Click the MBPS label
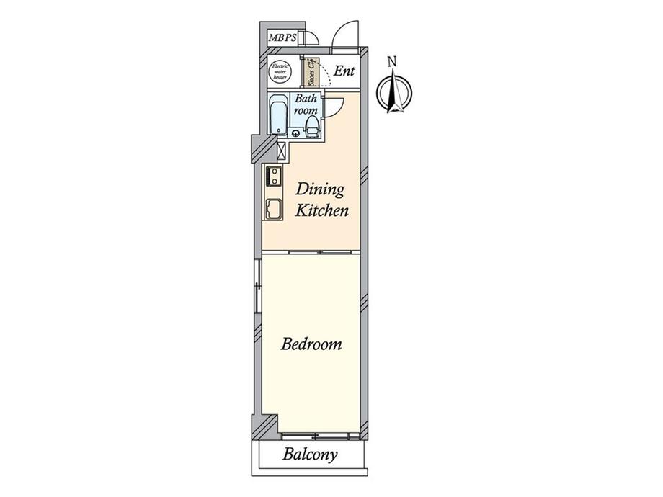(282, 38)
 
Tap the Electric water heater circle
(280, 72)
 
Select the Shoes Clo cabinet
(311, 71)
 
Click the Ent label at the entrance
(344, 71)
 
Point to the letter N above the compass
(393, 62)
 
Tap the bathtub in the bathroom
(278, 115)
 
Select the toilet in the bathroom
(312, 126)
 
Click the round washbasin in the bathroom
(295, 133)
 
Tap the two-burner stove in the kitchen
(274, 176)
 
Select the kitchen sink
(274, 209)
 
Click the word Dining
(320, 189)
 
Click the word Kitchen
(322, 210)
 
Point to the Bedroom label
(311, 344)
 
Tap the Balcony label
(311, 455)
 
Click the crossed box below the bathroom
(281, 151)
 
